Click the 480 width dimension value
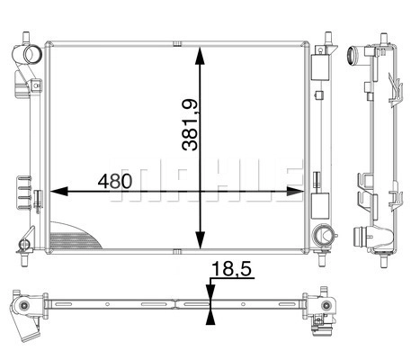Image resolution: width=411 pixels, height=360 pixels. point(115,181)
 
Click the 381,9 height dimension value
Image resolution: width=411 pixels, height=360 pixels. point(190,125)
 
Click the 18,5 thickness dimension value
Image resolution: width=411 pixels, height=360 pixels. point(231,268)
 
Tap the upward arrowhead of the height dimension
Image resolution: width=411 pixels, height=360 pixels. point(200,56)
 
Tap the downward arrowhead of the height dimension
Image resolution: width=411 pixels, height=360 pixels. point(200,240)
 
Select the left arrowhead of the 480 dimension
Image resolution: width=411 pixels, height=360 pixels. point(58,191)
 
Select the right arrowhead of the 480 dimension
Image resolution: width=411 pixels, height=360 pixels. point(295,191)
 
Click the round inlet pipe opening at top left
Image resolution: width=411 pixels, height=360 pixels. point(32,54)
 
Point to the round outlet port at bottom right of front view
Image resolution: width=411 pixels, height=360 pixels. point(322,236)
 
